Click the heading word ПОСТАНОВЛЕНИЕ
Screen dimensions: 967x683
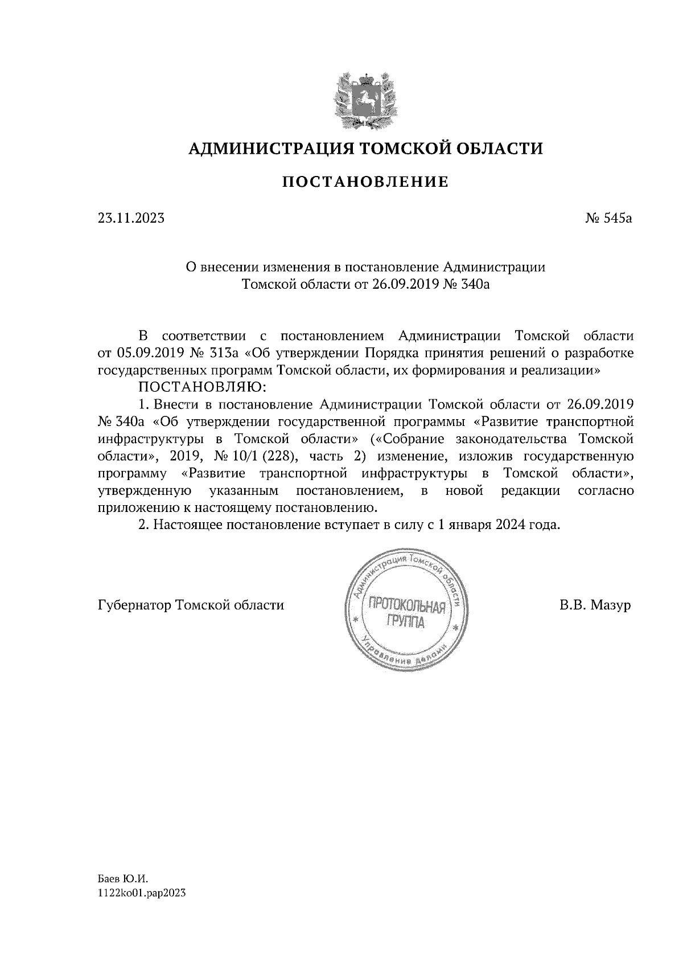tap(365, 182)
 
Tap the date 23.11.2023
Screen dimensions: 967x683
tap(131, 218)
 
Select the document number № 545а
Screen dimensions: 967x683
tap(608, 218)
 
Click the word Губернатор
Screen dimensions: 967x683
tap(135, 605)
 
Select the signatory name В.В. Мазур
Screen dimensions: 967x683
tap(595, 605)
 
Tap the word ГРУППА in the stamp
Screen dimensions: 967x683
tap(405, 622)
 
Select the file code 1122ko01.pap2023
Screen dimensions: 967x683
tap(142, 894)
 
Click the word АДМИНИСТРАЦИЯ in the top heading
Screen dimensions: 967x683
tap(265, 149)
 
